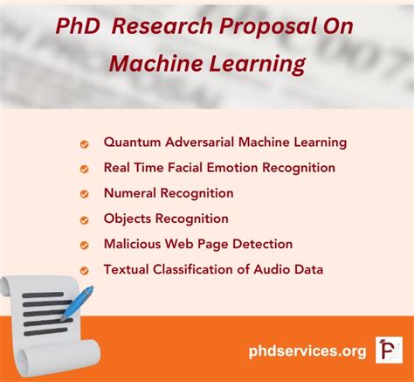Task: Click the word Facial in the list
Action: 188,167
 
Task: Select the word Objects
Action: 128,219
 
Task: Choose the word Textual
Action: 128,269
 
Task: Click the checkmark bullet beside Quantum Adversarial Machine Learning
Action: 85,143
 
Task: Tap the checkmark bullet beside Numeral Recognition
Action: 85,194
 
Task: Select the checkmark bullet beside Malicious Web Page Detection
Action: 85,246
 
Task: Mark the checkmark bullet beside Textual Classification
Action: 85,271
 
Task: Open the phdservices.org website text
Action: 307,351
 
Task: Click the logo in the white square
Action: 387,350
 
